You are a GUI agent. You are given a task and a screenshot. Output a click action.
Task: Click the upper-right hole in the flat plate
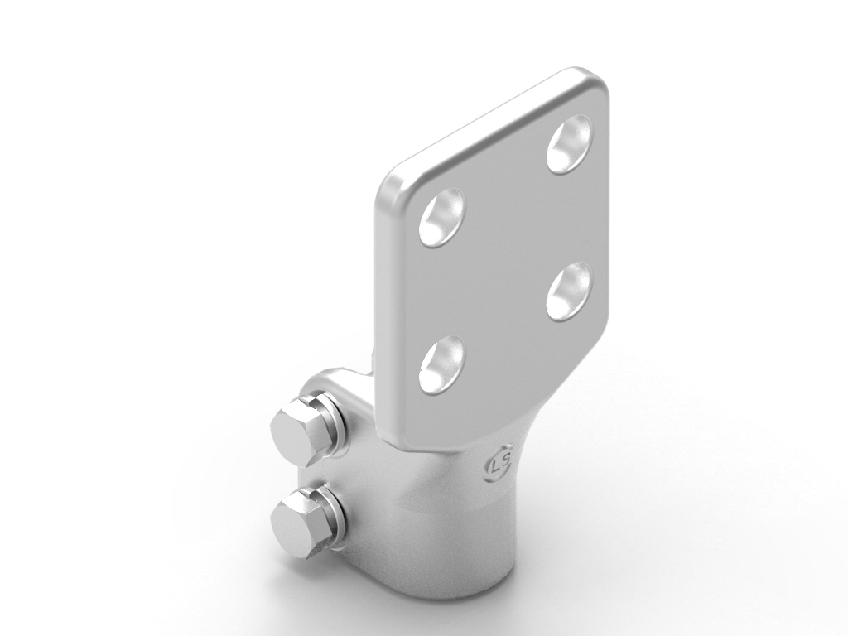(x=569, y=143)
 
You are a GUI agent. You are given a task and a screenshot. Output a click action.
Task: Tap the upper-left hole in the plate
(x=442, y=218)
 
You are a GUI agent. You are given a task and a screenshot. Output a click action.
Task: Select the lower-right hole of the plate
(x=569, y=291)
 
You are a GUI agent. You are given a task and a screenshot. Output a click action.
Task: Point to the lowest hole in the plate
(x=442, y=364)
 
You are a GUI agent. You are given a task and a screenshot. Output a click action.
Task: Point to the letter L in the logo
(x=495, y=466)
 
